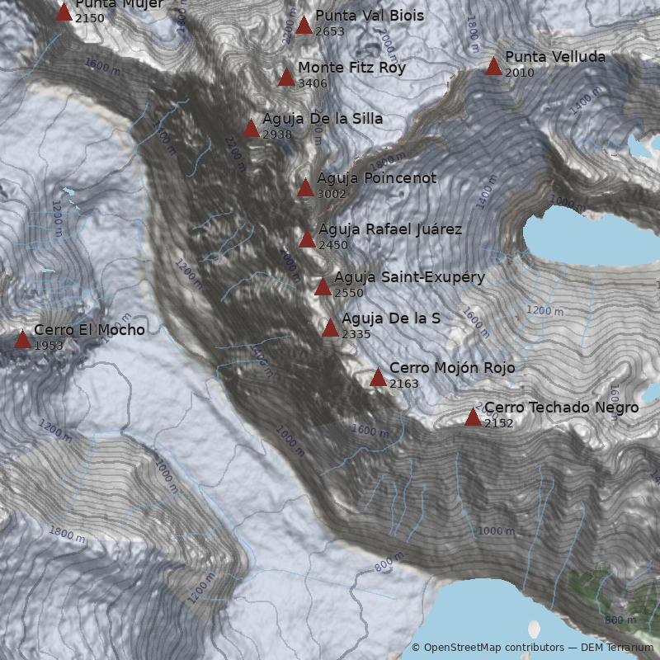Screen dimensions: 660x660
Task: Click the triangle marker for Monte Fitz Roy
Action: (x=286, y=78)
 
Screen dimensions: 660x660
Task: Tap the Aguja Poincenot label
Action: (x=376, y=178)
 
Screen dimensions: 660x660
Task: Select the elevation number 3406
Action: (x=313, y=83)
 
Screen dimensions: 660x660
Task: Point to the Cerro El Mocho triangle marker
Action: (x=22, y=339)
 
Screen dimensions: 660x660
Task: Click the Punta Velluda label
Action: (x=555, y=57)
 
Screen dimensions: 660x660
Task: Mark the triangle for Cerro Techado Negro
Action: (x=473, y=417)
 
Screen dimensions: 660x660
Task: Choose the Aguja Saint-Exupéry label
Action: (x=409, y=277)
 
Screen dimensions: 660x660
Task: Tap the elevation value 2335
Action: (x=356, y=334)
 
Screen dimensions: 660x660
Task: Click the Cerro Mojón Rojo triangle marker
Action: (x=378, y=378)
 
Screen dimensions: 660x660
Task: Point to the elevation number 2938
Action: (x=277, y=134)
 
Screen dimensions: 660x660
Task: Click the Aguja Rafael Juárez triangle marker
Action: (x=307, y=239)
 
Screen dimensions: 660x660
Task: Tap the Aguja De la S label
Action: (x=390, y=318)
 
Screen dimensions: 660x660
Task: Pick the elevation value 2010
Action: (x=520, y=73)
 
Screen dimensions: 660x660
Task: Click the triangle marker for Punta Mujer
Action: (x=64, y=12)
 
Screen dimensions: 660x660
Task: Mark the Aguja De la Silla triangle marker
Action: (x=252, y=128)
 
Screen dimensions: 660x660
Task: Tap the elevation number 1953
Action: (x=49, y=346)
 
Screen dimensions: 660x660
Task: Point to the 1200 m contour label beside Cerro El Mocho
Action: (x=57, y=218)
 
